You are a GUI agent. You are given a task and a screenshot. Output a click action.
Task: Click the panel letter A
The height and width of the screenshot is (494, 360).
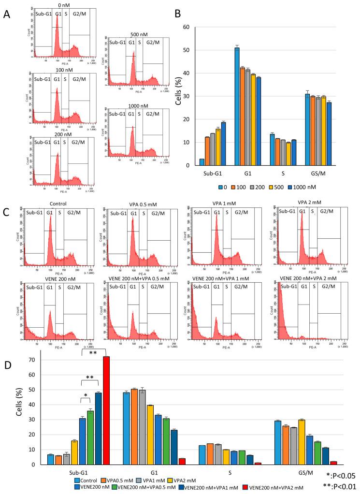point(7,15)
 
